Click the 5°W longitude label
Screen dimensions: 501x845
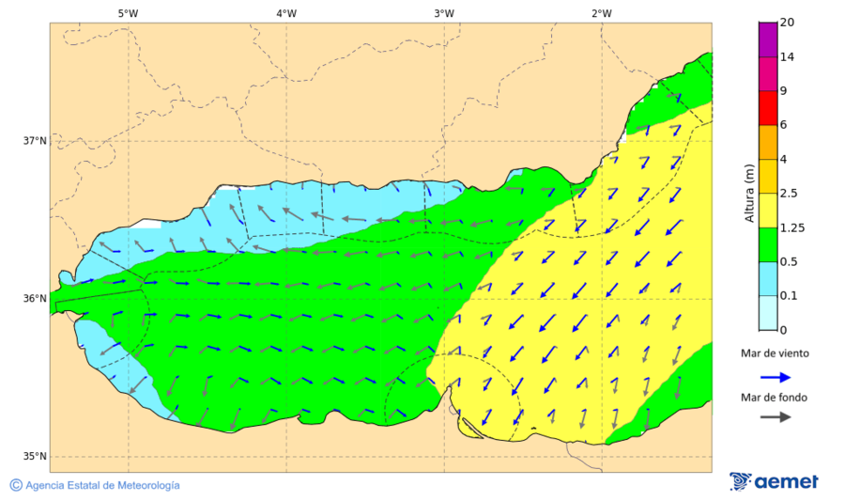click(x=128, y=13)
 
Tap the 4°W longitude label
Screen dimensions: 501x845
click(x=286, y=13)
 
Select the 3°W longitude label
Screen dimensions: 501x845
click(x=444, y=13)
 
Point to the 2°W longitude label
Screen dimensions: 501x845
click(x=602, y=13)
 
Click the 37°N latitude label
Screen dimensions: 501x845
click(x=35, y=141)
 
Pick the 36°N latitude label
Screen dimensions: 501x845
click(x=35, y=299)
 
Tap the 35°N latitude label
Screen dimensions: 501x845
click(x=35, y=457)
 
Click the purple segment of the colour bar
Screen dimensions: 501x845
click(x=768, y=39)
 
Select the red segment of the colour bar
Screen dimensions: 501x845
click(x=768, y=107)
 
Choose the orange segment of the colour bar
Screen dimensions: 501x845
click(x=768, y=142)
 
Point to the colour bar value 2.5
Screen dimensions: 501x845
click(x=788, y=194)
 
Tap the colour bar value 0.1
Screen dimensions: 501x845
click(x=788, y=295)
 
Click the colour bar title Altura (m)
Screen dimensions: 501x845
click(x=749, y=193)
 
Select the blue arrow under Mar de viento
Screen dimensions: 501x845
click(x=774, y=376)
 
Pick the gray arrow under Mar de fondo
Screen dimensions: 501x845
click(x=774, y=417)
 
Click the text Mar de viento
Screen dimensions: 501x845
click(x=774, y=353)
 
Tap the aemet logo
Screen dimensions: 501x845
click(x=774, y=481)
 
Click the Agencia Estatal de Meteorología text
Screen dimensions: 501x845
click(x=102, y=485)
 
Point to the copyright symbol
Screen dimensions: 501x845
click(x=16, y=485)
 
